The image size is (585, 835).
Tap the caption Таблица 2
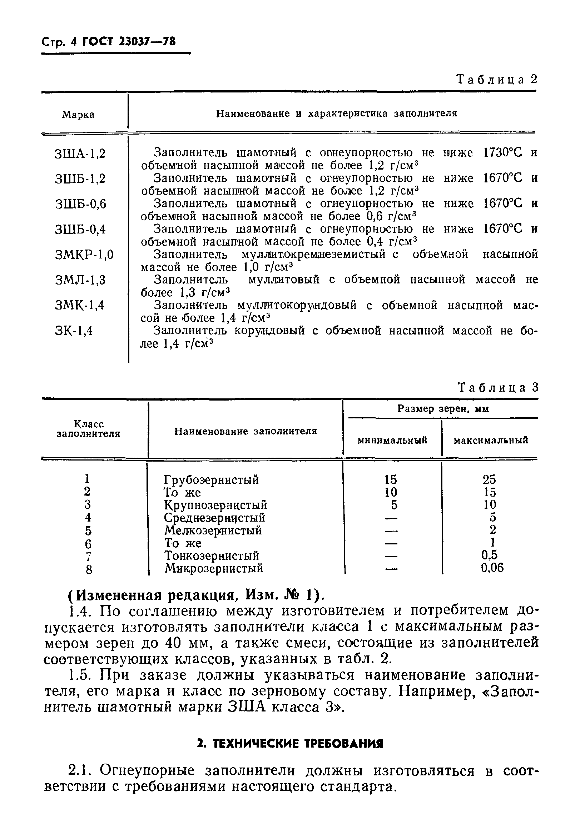coord(497,79)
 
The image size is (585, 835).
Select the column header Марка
coord(78,115)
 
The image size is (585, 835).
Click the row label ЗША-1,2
coord(80,154)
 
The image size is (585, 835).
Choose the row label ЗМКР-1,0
coord(84,255)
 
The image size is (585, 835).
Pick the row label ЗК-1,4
coord(74,331)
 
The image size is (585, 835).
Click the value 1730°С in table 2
coord(502,153)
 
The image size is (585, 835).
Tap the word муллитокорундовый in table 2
coord(297,305)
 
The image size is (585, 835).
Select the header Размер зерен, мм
coord(443,409)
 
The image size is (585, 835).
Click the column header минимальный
coord(392,441)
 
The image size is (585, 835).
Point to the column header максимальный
coord(490,441)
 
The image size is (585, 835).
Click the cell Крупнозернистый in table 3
coord(215,505)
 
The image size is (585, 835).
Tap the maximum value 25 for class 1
coord(489,480)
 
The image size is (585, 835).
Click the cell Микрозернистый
coord(214,568)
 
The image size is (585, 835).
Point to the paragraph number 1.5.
coord(79,675)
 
